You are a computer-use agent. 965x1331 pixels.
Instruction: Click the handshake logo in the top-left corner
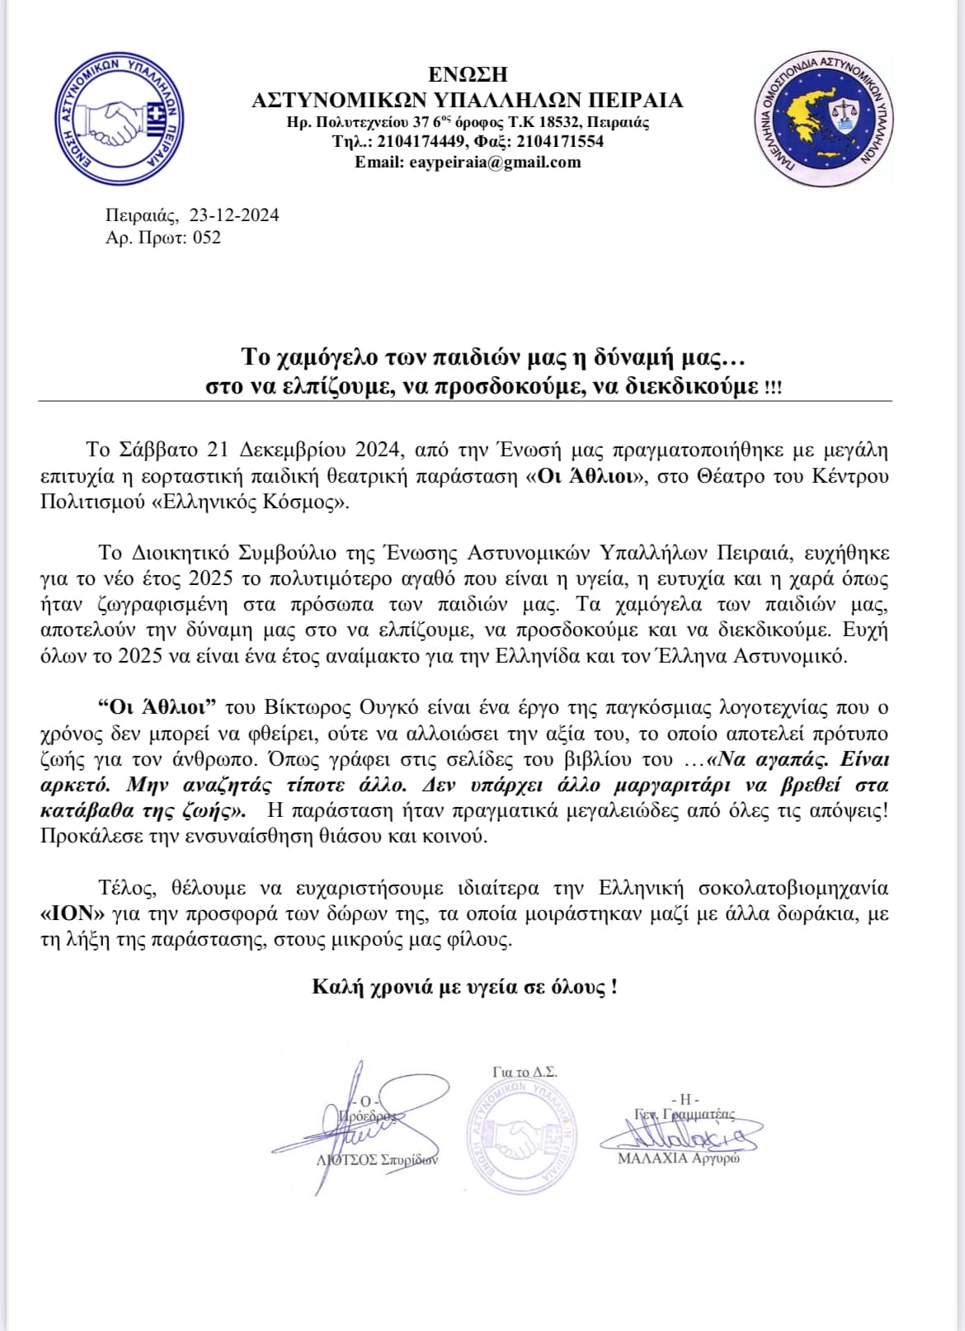tap(118, 119)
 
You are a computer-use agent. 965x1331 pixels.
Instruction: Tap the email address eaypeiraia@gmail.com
tap(495, 162)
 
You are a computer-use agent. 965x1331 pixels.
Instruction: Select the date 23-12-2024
tap(234, 215)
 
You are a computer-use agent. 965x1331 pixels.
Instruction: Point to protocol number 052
tap(207, 238)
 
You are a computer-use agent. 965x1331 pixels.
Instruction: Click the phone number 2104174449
tap(421, 142)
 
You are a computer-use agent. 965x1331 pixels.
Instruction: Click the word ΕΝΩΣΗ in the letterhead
tap(468, 75)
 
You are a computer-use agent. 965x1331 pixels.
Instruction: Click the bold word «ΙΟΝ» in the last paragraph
tap(67, 914)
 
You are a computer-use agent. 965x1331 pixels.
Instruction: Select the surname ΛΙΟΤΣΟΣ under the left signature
tap(347, 1159)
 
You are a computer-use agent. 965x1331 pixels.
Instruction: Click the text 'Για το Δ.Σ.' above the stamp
tap(525, 1072)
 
